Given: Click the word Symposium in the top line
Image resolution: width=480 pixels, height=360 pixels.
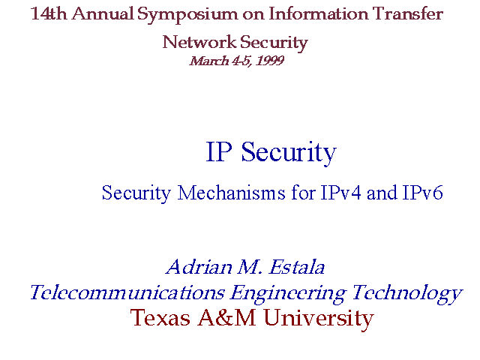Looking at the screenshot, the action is pyautogui.click(x=187, y=15).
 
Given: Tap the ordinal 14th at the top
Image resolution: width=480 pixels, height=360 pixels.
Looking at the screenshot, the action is pyautogui.click(x=49, y=13).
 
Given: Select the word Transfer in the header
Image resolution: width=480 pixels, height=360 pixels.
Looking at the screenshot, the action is pyautogui.click(x=408, y=13).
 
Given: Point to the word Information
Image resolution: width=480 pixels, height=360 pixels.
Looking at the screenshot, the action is pyautogui.click(x=318, y=13).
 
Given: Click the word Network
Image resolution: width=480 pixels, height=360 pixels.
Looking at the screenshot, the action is pyautogui.click(x=199, y=42).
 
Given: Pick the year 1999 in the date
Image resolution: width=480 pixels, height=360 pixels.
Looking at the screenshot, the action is pyautogui.click(x=270, y=61).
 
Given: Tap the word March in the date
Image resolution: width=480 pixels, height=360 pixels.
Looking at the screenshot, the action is pyautogui.click(x=209, y=61).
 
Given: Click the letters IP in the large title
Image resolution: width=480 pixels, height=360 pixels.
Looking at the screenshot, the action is pyautogui.click(x=219, y=151).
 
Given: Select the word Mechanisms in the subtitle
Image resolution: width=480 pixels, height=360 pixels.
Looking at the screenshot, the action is pyautogui.click(x=232, y=193).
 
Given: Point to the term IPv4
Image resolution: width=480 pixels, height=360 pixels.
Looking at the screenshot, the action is pyautogui.click(x=340, y=193).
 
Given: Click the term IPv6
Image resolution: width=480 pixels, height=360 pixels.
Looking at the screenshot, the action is pyautogui.click(x=423, y=193).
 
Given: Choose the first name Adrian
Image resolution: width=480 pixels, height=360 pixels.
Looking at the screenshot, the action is pyautogui.click(x=199, y=267).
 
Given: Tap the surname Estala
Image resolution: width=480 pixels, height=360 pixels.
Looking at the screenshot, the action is pyautogui.click(x=297, y=267).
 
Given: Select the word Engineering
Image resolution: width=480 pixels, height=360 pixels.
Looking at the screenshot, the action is pyautogui.click(x=288, y=294).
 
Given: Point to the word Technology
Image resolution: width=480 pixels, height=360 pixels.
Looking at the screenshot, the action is pyautogui.click(x=406, y=294).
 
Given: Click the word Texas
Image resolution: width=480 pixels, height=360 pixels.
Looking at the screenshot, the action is pyautogui.click(x=160, y=317).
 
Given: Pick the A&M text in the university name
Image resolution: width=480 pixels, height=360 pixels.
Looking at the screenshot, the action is pyautogui.click(x=226, y=317).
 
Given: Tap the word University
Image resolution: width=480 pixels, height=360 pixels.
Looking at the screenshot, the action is pyautogui.click(x=319, y=319).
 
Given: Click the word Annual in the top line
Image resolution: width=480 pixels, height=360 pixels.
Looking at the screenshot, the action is pyautogui.click(x=103, y=13).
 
